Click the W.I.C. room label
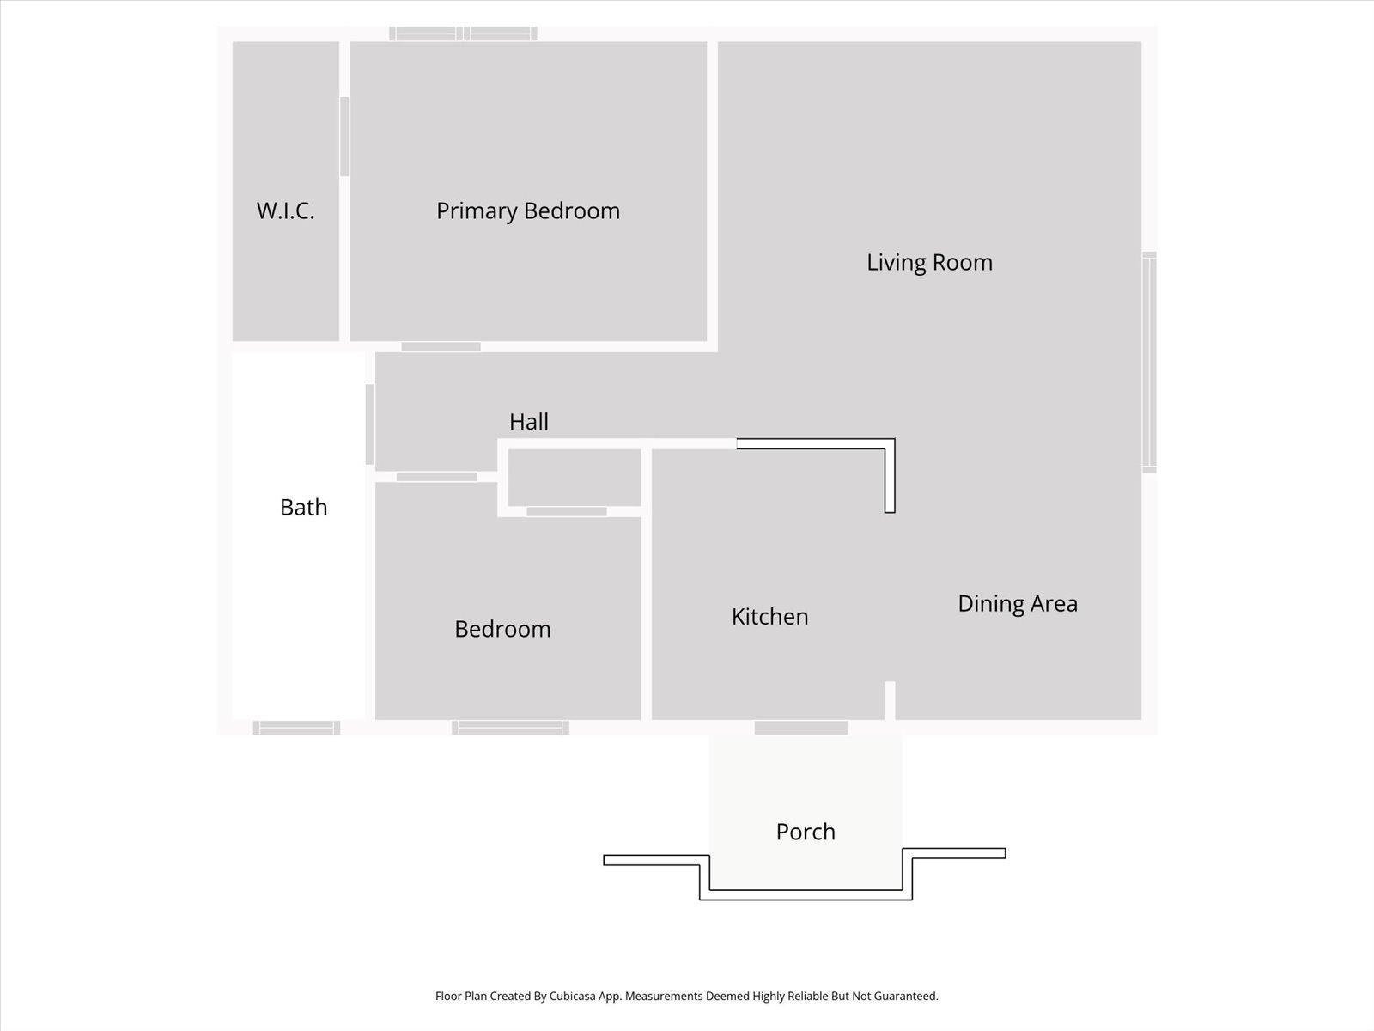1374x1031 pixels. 285,210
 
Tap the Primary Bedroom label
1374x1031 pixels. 527,210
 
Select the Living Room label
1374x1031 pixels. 929,262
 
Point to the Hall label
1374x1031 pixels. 528,421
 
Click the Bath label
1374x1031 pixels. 303,507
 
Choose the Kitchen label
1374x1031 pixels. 769,616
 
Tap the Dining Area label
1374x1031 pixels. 1017,603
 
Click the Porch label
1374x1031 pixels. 805,832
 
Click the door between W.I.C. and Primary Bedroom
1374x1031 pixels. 344,137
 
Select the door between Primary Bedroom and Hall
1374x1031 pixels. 441,346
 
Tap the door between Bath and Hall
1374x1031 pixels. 370,424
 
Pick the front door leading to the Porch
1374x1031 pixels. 801,728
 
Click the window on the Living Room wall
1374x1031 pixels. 1149,362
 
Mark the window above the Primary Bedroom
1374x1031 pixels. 463,34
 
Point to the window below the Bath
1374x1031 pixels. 296,728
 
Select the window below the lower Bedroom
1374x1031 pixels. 510,728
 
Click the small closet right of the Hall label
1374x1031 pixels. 574,478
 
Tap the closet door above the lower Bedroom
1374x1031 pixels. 566,512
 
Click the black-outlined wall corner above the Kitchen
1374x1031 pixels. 890,444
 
